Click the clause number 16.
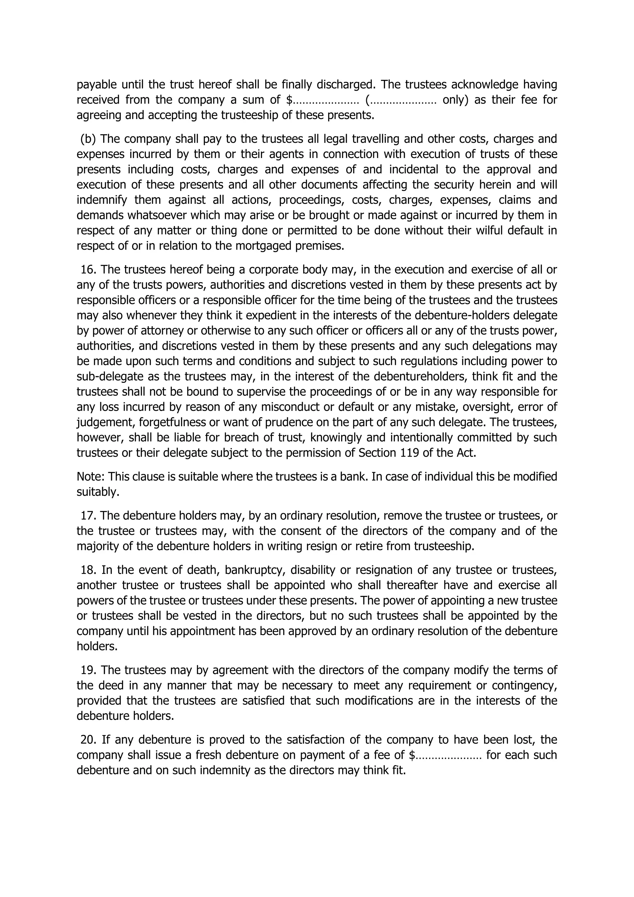(x=89, y=269)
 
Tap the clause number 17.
(x=89, y=516)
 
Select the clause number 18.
(x=89, y=570)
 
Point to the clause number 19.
(x=89, y=670)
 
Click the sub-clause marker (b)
(x=88, y=139)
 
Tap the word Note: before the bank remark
(x=91, y=477)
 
